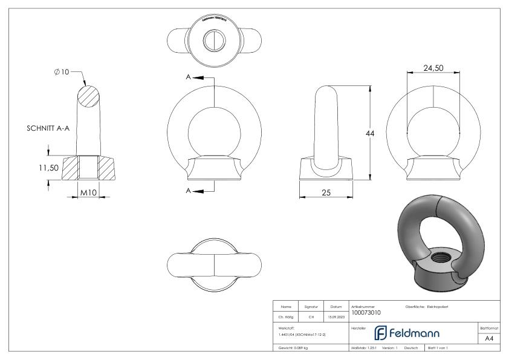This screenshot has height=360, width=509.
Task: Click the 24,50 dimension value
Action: [433, 68]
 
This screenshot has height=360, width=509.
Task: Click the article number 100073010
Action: [366, 312]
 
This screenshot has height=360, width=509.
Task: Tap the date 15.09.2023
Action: [336, 316]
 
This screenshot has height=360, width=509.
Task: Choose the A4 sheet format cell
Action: [489, 339]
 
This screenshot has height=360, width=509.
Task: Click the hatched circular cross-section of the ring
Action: [88, 97]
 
